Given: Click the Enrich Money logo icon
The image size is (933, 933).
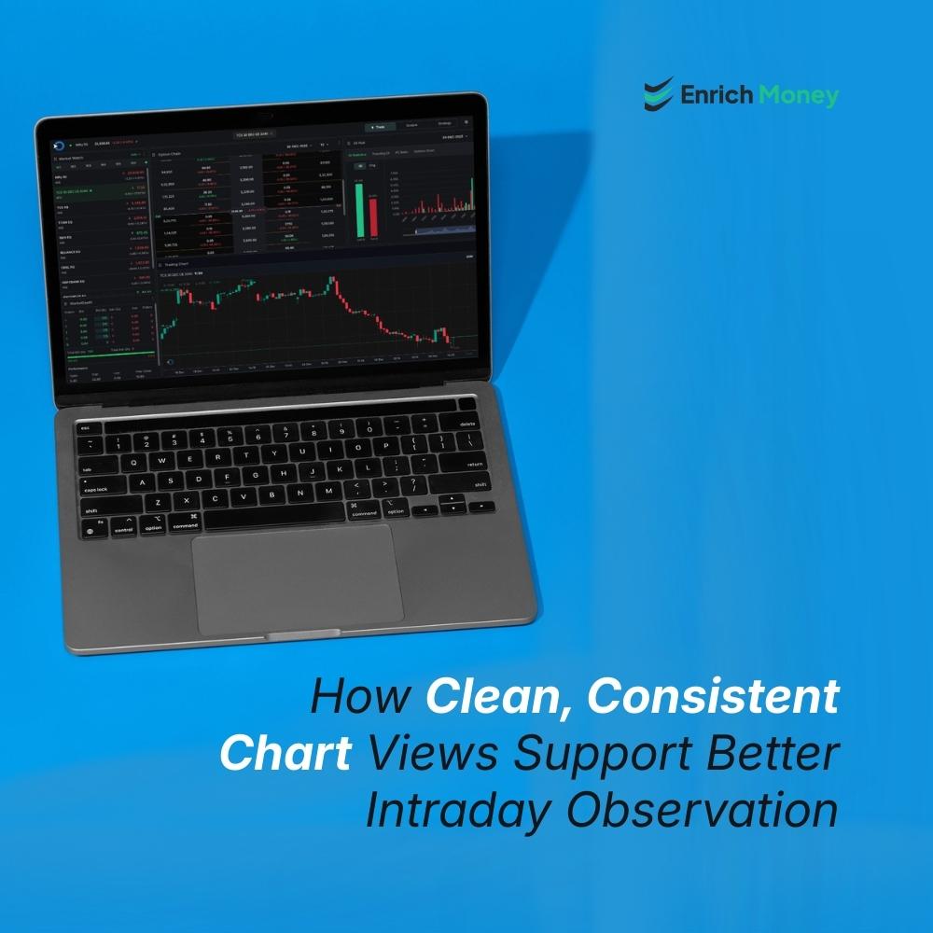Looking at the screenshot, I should pos(658,94).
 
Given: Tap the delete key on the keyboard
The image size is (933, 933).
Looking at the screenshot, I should pos(466,425).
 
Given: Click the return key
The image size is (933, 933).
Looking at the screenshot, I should pos(472,464).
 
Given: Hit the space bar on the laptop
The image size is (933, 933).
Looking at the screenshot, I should pos(274,519).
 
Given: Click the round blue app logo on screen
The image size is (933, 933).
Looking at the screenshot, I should pos(56,145).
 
